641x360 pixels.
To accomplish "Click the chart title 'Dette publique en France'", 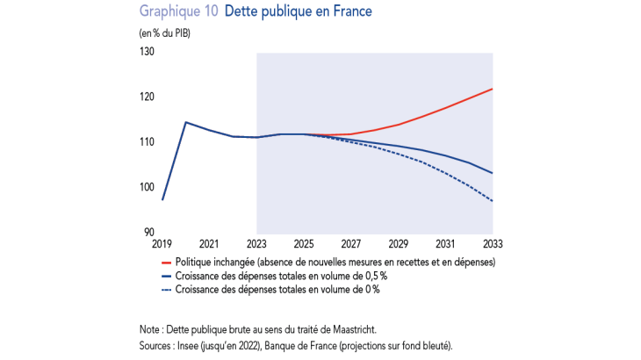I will point(299,12).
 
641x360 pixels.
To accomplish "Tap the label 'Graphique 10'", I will point(179,12).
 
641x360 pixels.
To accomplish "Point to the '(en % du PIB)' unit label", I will point(164,33).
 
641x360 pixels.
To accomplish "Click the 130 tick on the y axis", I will point(147,53).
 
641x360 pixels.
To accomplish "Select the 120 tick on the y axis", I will point(147,97).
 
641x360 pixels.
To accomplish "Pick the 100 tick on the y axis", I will point(147,187).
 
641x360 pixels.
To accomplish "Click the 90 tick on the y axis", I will point(148,232).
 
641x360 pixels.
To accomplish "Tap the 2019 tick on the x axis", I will point(162,243).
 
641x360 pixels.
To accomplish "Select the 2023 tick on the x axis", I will point(256,243).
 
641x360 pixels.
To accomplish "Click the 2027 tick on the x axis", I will point(350,243).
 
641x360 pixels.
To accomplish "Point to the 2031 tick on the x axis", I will point(445,243).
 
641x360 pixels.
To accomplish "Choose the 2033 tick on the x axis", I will point(492,243).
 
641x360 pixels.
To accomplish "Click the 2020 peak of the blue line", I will point(185,122).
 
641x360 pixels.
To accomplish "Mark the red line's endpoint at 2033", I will point(492,89).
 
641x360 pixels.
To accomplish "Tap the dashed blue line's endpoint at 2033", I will point(492,201).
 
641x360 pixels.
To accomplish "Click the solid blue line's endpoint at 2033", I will point(492,173).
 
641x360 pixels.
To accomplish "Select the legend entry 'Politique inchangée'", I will point(334,262).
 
